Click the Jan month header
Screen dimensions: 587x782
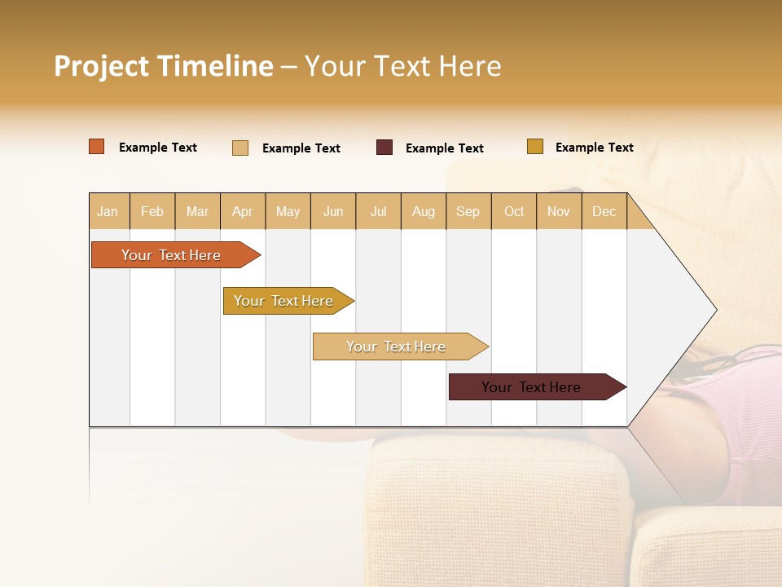108,211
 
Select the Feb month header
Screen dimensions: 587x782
152,211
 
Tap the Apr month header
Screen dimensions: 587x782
243,211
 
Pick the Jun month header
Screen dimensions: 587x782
333,211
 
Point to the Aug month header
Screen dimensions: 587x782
424,211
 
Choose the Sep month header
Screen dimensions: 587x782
468,211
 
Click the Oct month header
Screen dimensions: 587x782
514,211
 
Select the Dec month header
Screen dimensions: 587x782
604,211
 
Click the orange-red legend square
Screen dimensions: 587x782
97,147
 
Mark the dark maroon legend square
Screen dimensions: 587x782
384,148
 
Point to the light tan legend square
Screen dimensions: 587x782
240,148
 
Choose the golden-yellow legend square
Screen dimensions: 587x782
535,147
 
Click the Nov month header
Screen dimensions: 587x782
559,211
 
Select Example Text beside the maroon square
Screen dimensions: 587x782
445,148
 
